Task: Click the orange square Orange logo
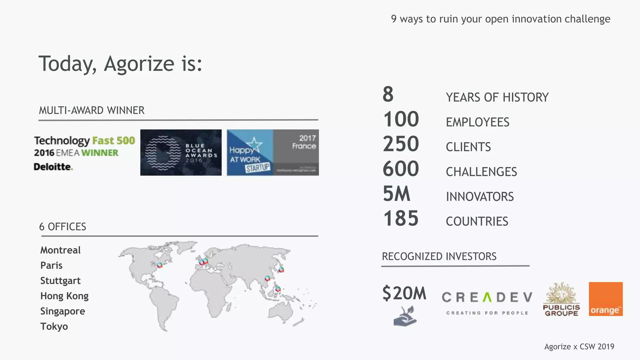(606, 299)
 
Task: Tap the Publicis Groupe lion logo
(562, 299)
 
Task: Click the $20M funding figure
(404, 293)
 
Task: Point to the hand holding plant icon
(405, 316)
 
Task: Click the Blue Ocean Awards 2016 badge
(181, 152)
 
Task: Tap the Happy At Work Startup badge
(273, 152)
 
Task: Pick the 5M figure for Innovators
(397, 194)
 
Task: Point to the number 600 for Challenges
(401, 169)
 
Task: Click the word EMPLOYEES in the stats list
(477, 122)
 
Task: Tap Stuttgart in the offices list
(60, 281)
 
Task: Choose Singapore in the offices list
(62, 311)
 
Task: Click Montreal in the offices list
(60, 250)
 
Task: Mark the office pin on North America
(160, 265)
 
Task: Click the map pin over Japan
(281, 269)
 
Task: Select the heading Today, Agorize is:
(120, 64)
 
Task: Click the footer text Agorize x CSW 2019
(579, 347)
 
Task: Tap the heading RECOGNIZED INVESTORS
(439, 257)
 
